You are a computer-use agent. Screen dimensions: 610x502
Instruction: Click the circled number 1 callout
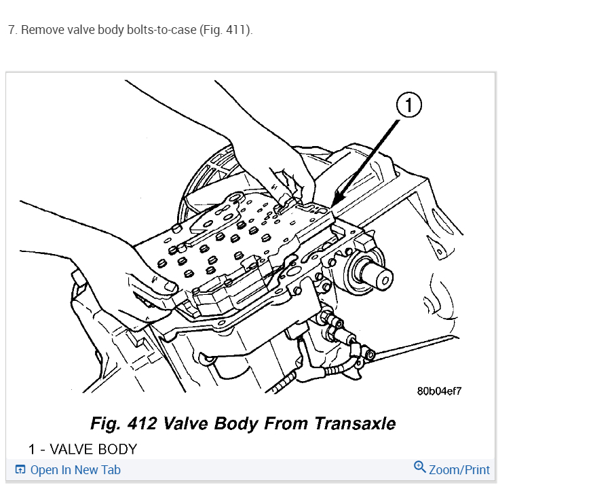click(408, 105)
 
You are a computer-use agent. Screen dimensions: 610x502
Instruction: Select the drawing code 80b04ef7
click(439, 391)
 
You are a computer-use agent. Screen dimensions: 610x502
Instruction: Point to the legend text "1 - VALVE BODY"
click(82, 449)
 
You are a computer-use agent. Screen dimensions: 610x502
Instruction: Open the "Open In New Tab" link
click(75, 469)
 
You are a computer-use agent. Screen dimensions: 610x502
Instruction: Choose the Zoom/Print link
click(459, 469)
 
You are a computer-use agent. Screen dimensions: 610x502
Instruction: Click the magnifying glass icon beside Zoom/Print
click(420, 467)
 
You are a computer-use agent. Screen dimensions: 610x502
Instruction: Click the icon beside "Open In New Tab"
click(20, 469)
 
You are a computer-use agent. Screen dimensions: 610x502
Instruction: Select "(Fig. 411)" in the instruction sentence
click(225, 31)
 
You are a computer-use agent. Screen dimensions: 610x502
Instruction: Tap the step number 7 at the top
click(12, 31)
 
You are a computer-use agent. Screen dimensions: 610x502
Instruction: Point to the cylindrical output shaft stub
click(377, 276)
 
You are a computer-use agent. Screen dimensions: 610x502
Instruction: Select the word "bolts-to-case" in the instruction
click(161, 31)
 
